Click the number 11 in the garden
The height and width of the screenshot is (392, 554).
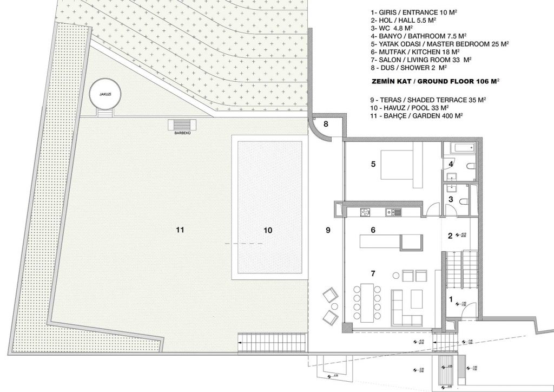pos(180,230)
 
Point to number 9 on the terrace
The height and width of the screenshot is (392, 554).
pos(327,230)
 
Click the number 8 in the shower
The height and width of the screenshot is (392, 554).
pos(326,124)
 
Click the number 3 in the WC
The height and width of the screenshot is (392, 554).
pos(450,200)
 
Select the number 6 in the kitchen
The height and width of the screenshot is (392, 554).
pos(373,230)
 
